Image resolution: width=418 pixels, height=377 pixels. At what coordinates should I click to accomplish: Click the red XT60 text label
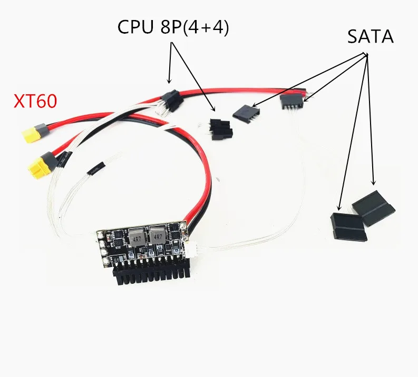click(35, 101)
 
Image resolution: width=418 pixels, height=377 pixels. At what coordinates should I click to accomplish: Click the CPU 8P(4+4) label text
click(173, 27)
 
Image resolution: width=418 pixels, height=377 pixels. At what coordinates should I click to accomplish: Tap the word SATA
click(370, 36)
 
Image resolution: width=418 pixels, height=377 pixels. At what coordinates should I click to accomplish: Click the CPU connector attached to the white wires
click(173, 101)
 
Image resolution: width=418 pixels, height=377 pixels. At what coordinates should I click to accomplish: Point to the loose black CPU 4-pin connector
click(221, 129)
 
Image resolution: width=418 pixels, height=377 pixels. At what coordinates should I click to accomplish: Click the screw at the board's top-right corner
click(183, 226)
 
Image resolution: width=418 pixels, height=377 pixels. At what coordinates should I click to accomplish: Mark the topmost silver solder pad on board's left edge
click(101, 235)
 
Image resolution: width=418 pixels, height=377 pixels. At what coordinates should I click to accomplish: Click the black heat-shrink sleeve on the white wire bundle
click(96, 168)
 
